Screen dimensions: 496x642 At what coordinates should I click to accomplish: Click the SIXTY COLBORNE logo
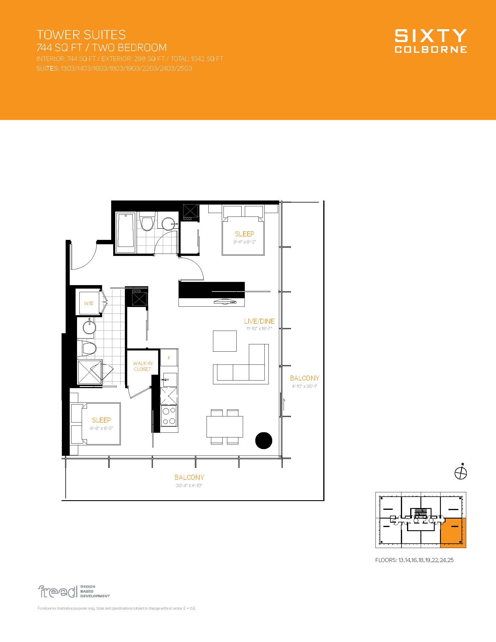point(431,41)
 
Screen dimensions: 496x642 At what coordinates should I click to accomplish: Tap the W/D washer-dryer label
point(89,303)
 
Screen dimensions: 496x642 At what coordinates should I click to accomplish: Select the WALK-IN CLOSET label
point(142,366)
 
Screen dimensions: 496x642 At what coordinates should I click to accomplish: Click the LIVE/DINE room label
point(259,321)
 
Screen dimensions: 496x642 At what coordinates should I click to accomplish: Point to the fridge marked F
point(169,358)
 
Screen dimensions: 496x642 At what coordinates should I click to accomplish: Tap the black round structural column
point(263,441)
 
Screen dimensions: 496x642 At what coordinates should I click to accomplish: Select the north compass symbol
point(461,473)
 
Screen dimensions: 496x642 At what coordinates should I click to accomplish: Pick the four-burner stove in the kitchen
point(169,416)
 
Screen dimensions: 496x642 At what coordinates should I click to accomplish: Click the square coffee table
point(225,341)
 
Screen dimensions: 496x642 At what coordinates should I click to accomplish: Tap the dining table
point(225,427)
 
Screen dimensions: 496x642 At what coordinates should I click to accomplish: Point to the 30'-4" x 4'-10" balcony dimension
point(189,486)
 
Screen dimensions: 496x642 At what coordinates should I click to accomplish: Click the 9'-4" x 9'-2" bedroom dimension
point(244,242)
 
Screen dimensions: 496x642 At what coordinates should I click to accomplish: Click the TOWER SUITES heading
point(81,35)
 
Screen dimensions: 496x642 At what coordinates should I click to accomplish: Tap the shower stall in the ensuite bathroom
point(90,372)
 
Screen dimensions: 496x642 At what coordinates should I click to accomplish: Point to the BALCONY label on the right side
point(304,378)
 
